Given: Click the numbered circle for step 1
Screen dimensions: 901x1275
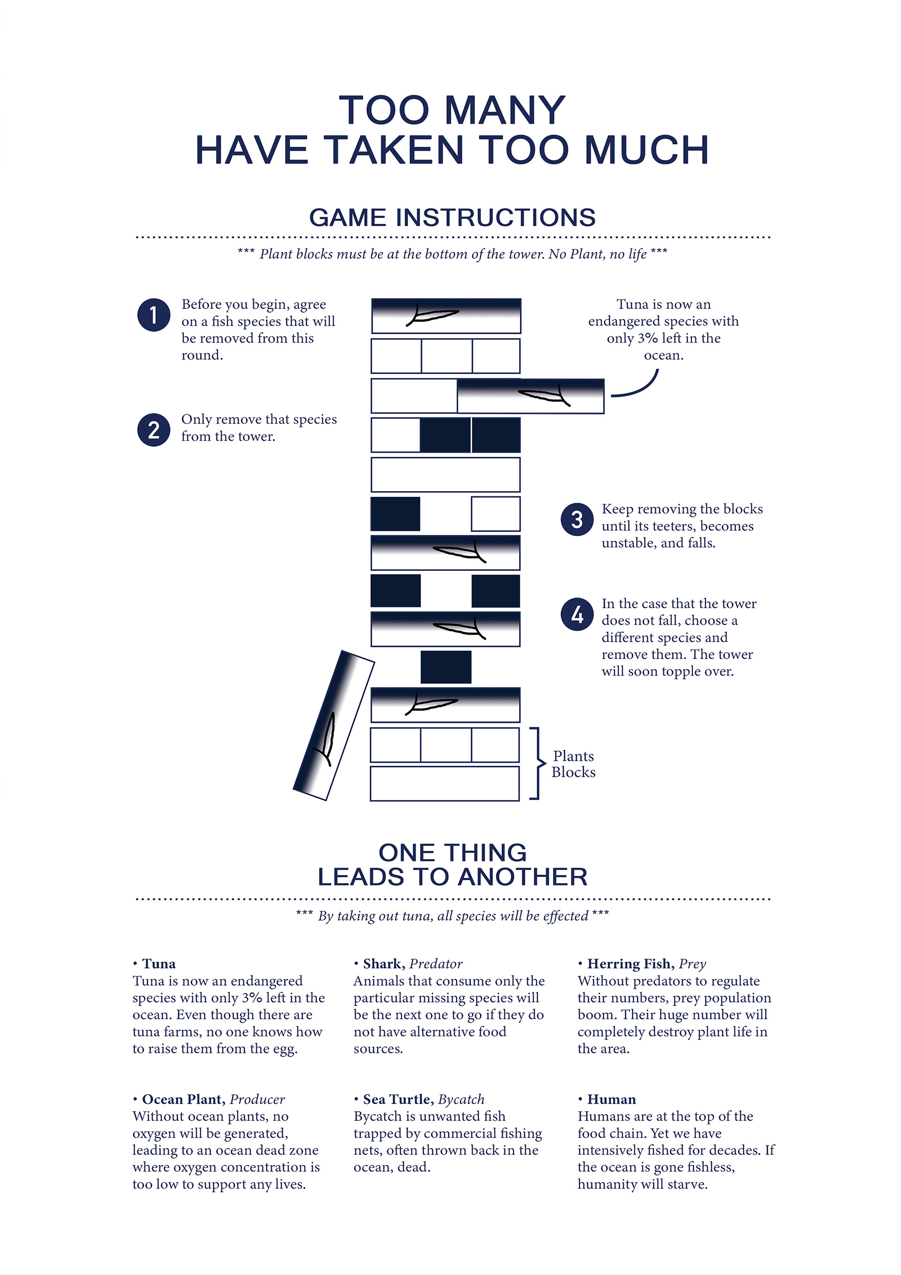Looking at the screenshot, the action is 153,315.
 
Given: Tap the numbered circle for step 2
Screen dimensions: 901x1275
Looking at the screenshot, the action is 153,430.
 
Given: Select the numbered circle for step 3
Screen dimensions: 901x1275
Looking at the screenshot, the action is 577,520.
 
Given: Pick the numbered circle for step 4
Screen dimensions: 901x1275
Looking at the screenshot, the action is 577,614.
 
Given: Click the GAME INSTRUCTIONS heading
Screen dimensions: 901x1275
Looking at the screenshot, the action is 452,217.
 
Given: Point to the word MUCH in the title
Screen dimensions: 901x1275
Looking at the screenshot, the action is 647,150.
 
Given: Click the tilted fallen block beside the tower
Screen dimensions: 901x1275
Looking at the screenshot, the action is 334,725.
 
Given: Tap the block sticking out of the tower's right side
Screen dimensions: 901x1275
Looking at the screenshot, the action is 530,396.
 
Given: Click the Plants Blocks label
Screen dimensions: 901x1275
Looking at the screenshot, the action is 573,764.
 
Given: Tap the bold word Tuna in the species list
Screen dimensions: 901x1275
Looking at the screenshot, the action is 159,963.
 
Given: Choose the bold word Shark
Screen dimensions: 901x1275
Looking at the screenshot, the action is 383,963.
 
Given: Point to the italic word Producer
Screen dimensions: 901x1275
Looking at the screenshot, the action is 257,1099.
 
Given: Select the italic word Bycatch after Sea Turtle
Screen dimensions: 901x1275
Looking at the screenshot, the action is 461,1099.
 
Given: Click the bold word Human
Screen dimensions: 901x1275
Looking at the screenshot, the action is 611,1099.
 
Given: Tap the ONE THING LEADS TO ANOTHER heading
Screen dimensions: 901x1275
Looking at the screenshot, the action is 452,865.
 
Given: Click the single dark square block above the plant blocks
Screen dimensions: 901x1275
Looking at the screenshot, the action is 446,667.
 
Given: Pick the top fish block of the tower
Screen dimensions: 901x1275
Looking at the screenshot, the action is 446,316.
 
